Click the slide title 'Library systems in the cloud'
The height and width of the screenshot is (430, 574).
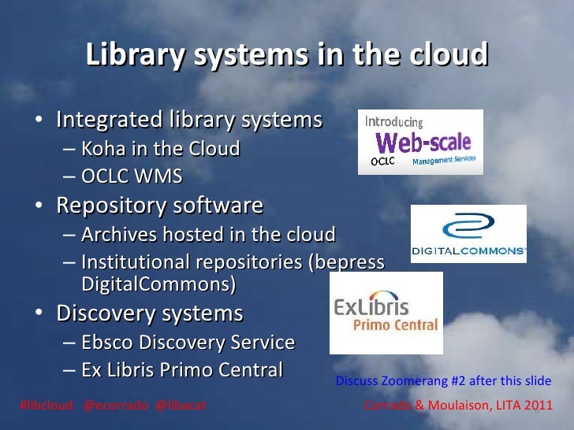click(x=287, y=56)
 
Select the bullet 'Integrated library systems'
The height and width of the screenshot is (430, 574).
click(x=189, y=120)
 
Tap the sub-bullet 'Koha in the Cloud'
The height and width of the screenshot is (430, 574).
click(x=160, y=149)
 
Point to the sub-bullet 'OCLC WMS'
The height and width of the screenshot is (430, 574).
click(x=132, y=176)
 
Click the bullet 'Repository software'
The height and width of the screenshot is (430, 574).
click(x=159, y=206)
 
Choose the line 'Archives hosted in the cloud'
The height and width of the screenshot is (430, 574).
click(x=208, y=235)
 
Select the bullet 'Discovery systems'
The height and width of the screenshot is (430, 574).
click(x=149, y=313)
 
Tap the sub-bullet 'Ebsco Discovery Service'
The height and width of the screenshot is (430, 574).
click(x=188, y=343)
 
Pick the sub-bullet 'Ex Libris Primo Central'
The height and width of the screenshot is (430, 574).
click(x=181, y=369)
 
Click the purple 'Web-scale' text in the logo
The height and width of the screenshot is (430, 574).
click(x=423, y=143)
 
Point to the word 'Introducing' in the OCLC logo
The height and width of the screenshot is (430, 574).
click(x=394, y=122)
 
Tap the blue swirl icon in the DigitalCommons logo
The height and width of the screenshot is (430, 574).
click(x=468, y=228)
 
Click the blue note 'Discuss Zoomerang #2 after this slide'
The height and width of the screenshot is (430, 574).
click(x=443, y=381)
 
